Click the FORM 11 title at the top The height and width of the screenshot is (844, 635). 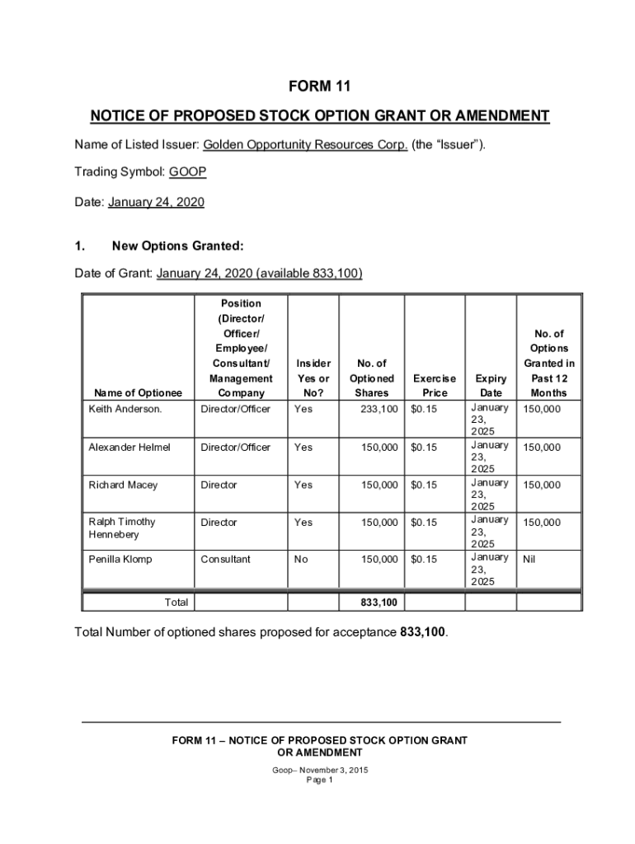point(319,86)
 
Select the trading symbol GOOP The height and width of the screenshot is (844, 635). point(187,172)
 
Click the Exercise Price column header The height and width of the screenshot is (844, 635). point(435,386)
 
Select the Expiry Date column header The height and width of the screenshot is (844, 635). point(491,386)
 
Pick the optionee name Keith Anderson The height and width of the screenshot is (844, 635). point(125,409)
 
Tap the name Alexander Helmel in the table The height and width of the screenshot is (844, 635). point(129,447)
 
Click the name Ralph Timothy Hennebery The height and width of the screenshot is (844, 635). point(122,528)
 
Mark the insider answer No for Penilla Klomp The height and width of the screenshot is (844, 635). point(301,559)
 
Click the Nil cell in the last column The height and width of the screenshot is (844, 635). point(529,559)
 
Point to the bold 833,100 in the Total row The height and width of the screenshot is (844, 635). point(379,603)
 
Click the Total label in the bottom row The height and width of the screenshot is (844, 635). point(176,603)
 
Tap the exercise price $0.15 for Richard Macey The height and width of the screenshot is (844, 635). point(424,485)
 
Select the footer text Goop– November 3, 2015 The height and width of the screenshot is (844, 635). point(320,770)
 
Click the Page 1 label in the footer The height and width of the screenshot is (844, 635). point(319,781)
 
